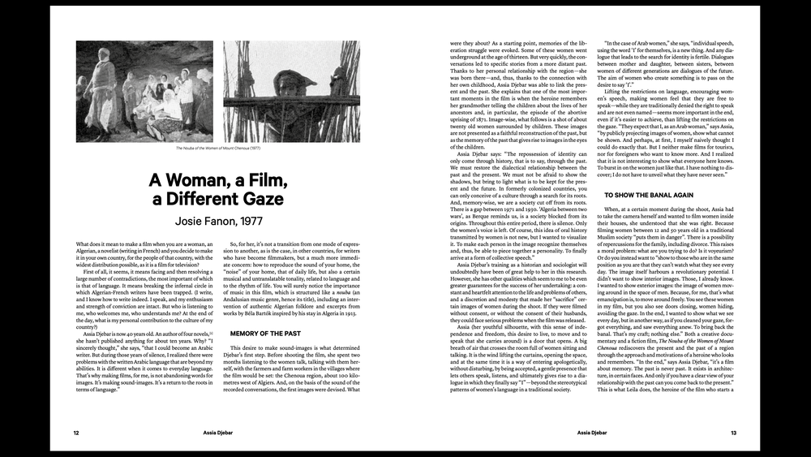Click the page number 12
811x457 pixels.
tap(76, 433)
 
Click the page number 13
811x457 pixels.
tap(733, 433)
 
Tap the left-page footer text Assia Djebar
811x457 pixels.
tap(218, 433)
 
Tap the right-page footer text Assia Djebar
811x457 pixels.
tap(591, 433)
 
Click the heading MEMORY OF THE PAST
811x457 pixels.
tap(265, 334)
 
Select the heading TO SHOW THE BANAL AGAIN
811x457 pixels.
tap(649, 196)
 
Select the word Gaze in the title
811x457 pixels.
tap(260, 199)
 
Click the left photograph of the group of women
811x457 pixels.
tap(145, 92)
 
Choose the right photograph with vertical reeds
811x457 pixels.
tap(291, 92)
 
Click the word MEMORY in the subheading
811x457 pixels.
tap(247, 334)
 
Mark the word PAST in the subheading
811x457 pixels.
tap(290, 334)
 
